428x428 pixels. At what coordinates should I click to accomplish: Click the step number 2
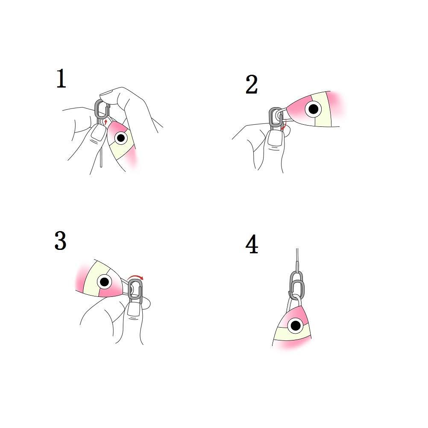[x=252, y=85]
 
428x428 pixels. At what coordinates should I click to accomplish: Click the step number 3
[x=60, y=240]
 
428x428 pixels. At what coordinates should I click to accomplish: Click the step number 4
[x=252, y=244]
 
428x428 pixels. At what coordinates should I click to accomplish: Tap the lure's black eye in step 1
[x=121, y=138]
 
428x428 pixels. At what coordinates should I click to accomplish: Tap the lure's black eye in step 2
[x=314, y=109]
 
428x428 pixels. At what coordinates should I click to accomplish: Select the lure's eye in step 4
[x=295, y=325]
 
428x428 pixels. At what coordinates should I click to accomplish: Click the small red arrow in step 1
[x=106, y=122]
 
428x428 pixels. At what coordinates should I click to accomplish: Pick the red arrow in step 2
[x=284, y=126]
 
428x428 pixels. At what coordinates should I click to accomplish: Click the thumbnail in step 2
[x=275, y=139]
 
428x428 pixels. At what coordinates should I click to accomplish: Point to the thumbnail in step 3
[x=134, y=310]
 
